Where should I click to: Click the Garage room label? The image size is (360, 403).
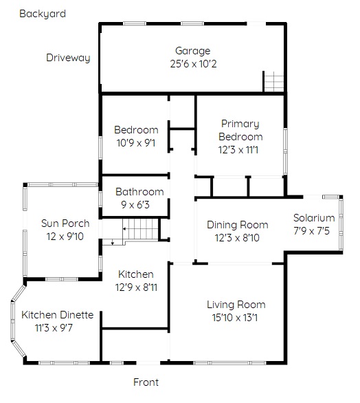point(192,51)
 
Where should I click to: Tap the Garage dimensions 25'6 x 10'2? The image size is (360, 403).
point(193,64)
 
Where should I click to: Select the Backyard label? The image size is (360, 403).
point(43,14)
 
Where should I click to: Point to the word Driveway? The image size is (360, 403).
point(68,58)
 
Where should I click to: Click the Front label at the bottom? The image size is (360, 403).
point(146,382)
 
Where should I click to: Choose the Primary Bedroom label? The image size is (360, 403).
point(240,130)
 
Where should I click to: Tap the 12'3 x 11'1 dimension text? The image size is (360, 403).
point(238,150)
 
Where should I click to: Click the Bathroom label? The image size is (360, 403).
point(139,192)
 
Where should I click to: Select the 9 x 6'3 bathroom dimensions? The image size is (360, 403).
point(135,205)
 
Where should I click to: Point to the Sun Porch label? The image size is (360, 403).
point(65,224)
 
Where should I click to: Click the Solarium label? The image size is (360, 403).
point(314,218)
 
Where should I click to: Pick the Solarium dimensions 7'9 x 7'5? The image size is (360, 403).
point(311,231)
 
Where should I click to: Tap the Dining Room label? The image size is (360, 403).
point(238,225)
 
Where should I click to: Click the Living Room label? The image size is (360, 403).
point(236,305)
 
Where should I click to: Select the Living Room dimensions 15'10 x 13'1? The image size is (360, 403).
point(235,318)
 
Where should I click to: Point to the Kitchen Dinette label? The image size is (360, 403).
point(57,315)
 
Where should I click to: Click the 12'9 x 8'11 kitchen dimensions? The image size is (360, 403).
point(136,287)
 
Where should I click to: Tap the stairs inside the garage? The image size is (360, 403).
point(273,81)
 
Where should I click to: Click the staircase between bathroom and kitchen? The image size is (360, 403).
point(140,229)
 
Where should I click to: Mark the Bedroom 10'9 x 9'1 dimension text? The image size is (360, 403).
point(136,143)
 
